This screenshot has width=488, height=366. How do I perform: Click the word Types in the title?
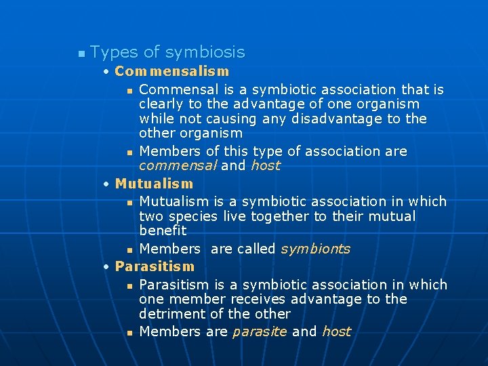point(113,52)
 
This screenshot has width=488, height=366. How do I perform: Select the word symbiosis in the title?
point(205,52)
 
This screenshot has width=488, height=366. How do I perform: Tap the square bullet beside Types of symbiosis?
point(81,53)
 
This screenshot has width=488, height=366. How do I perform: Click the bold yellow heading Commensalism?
point(172,71)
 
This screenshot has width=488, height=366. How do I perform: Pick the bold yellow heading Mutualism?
point(154,184)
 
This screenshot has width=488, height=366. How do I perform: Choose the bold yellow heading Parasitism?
point(155,266)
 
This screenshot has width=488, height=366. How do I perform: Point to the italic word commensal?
point(177,165)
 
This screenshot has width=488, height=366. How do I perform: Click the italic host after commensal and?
point(265,165)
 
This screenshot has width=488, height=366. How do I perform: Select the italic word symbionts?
point(315,249)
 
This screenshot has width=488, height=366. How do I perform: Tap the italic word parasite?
point(260,331)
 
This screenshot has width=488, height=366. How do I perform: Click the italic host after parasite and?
point(336,331)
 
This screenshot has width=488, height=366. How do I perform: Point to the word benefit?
point(163,230)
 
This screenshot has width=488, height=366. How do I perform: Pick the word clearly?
point(161,104)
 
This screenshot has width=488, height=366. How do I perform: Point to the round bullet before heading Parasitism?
point(107,267)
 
